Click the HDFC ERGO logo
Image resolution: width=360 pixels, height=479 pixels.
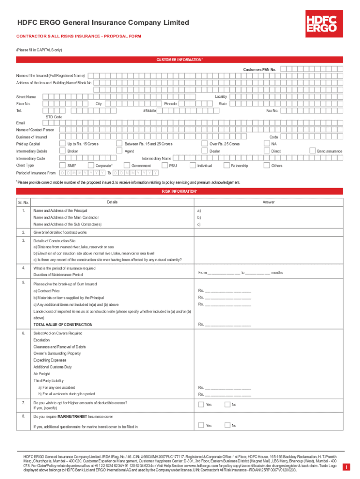tap(321, 22)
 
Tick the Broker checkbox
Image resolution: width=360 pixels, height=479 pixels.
tap(63, 151)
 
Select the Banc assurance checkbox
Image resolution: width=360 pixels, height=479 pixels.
tap(313, 151)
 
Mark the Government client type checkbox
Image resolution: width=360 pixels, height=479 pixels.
tap(126, 166)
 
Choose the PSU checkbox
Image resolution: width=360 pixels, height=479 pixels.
tap(164, 166)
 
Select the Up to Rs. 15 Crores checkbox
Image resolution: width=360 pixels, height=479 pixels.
tap(63, 144)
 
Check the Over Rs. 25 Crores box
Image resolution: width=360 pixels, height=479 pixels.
tap(204, 144)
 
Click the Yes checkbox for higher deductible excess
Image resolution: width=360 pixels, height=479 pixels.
tap(201, 405)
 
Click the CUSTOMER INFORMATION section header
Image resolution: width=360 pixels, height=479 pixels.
tap(180, 60)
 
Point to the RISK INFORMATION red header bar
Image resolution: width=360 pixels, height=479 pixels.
tap(180, 192)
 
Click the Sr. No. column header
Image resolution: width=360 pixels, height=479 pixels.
tap(23, 202)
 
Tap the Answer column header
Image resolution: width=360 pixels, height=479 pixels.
tap(268, 202)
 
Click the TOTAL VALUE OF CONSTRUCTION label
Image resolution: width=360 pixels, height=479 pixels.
tap(63, 324)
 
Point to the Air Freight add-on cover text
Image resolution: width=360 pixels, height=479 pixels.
tap(42, 374)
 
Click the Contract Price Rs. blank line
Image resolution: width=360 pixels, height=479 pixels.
tap(227, 290)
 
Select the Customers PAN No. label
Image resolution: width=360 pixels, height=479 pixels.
tap(259, 69)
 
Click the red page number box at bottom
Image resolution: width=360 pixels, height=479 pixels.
tap(346, 467)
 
